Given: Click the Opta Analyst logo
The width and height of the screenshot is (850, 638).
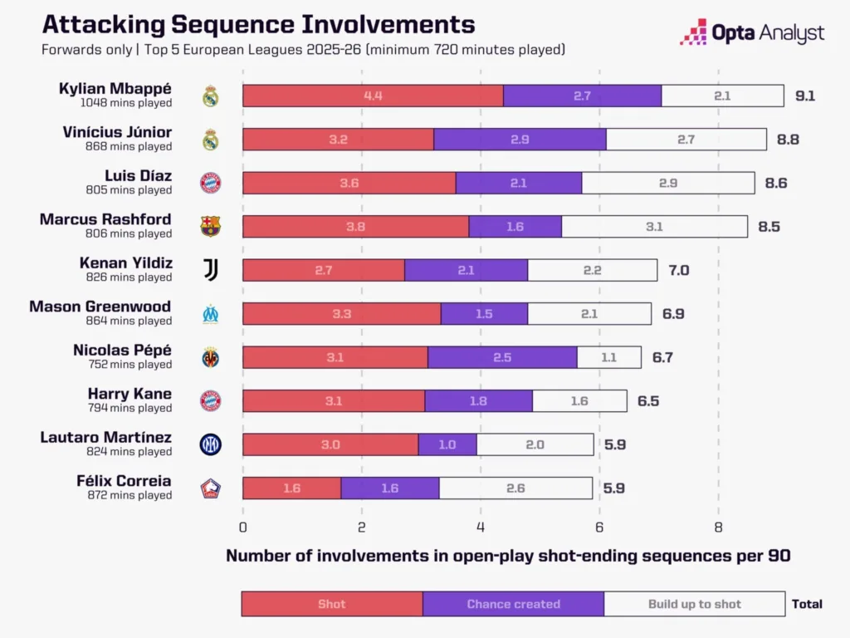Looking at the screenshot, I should (752, 33).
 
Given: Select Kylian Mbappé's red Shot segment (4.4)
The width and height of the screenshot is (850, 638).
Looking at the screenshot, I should (373, 96).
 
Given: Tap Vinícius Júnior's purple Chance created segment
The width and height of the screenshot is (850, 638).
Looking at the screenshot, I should (520, 140).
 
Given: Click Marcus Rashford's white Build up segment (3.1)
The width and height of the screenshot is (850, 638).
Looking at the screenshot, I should (654, 226).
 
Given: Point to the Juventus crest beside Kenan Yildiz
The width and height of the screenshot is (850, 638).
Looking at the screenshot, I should (211, 269).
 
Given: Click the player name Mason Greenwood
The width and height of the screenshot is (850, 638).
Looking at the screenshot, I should (100, 307).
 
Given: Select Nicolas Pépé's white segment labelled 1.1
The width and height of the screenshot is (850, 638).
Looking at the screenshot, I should (609, 357).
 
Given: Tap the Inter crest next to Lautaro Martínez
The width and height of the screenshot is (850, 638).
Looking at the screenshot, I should (211, 444).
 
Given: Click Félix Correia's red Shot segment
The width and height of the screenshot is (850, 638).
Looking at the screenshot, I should (291, 488).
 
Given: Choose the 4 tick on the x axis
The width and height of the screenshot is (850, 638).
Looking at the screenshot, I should (481, 527).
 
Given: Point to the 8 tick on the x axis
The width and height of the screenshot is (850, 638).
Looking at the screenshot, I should (719, 527).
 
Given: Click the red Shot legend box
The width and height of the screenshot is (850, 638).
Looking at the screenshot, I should (332, 604).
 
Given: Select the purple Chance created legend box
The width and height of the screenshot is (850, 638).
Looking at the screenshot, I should (513, 604).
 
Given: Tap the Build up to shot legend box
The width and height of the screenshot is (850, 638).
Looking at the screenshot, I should (694, 604).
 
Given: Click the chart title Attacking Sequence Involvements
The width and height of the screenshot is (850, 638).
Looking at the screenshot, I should (258, 24).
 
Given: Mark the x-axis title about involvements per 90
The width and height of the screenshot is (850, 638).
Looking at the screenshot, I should (508, 556).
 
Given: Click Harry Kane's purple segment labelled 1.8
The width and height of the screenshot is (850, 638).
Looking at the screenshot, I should (478, 401).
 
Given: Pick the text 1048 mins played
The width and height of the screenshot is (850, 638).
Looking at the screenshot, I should (126, 103).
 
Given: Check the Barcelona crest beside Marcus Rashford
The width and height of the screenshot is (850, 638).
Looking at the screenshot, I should (211, 226).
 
